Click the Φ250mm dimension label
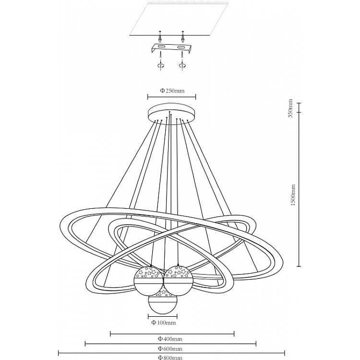(172, 91)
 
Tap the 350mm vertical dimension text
(290, 108)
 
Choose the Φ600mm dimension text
(170, 349)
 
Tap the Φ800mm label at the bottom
(170, 358)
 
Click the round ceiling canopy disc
(172, 113)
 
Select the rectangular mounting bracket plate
(171, 48)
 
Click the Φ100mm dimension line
(162, 316)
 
